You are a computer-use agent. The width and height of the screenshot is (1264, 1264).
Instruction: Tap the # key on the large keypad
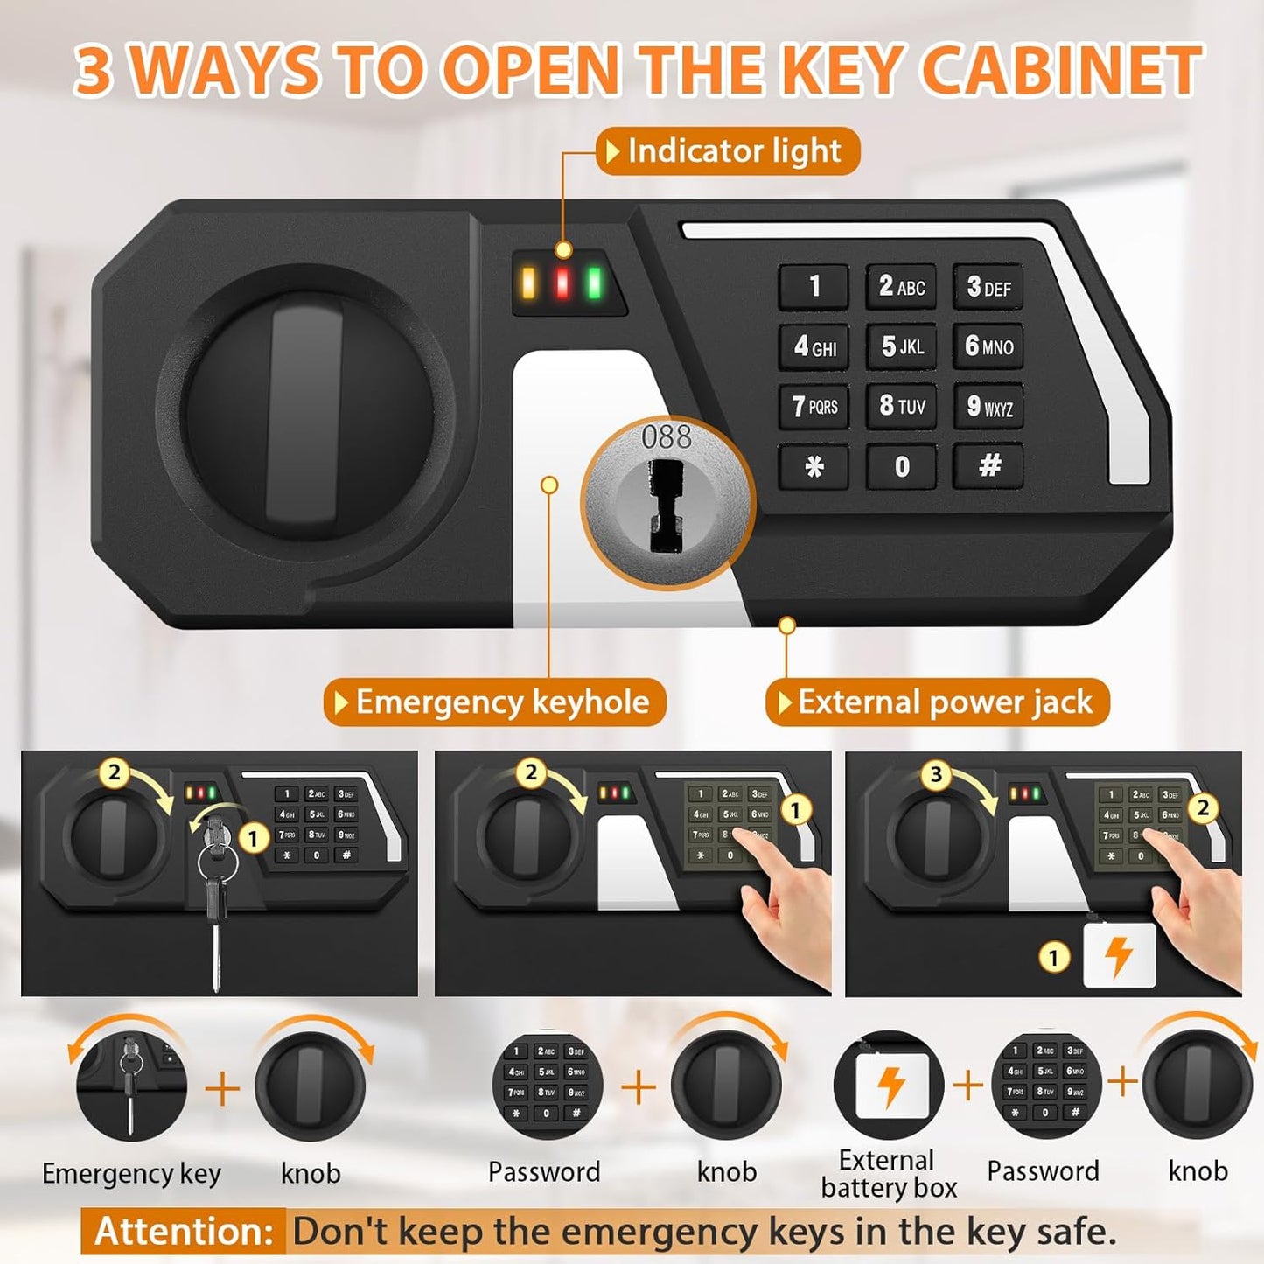click(988, 465)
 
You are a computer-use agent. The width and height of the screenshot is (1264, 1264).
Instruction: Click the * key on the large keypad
click(814, 467)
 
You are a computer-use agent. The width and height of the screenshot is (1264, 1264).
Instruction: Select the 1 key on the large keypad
click(814, 286)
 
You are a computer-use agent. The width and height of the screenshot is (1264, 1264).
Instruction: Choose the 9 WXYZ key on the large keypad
click(988, 406)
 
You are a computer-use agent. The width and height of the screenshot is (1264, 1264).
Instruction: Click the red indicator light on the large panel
click(562, 283)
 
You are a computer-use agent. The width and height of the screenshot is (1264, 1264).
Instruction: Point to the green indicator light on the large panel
click(595, 283)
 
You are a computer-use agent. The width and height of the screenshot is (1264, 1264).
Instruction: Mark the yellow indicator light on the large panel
click(528, 283)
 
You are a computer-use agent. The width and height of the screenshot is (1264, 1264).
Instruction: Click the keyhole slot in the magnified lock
click(666, 507)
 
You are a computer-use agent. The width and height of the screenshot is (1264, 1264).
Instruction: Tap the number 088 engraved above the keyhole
click(666, 437)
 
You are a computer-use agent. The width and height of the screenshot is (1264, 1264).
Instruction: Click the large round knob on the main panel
click(305, 411)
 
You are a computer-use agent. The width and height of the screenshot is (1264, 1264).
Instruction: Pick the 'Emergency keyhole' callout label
click(495, 702)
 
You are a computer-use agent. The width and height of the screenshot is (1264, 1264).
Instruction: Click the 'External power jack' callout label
click(938, 702)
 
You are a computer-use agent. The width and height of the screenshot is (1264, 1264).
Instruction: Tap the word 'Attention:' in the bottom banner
click(184, 1232)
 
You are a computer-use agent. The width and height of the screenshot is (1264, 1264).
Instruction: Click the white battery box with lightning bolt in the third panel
click(1119, 956)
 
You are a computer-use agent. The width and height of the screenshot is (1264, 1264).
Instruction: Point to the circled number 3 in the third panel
click(936, 774)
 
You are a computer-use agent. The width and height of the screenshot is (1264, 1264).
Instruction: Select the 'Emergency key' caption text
click(131, 1173)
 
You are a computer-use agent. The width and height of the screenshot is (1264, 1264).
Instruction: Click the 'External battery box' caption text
click(888, 1174)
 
